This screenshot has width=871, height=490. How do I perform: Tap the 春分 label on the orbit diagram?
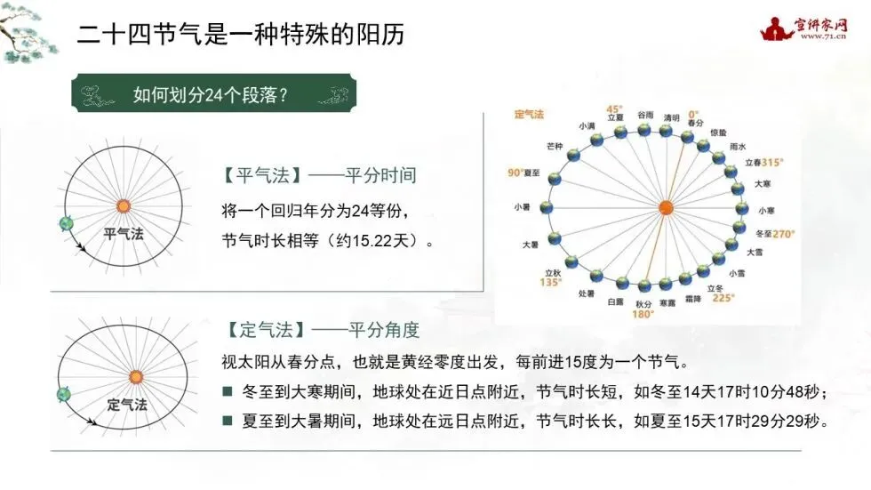pyautogui.click(x=695, y=122)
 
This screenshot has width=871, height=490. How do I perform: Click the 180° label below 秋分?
pyautogui.click(x=643, y=314)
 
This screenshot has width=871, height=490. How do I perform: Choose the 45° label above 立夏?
pyautogui.click(x=615, y=108)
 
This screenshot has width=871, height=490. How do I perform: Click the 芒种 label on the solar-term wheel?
pyautogui.click(x=555, y=147)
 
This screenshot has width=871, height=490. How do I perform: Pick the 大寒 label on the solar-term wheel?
pyautogui.click(x=763, y=184)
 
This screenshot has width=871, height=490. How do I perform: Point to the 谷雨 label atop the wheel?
pyautogui.click(x=646, y=116)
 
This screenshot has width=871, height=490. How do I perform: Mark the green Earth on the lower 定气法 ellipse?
pyautogui.click(x=63, y=394)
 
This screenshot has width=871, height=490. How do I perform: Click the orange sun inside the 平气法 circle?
pyautogui.click(x=123, y=206)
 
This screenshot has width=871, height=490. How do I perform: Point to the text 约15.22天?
pyautogui.click(x=373, y=241)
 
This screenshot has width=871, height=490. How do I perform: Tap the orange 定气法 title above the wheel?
pyautogui.click(x=529, y=116)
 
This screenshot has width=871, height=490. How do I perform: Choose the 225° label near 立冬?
pyautogui.click(x=723, y=298)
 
